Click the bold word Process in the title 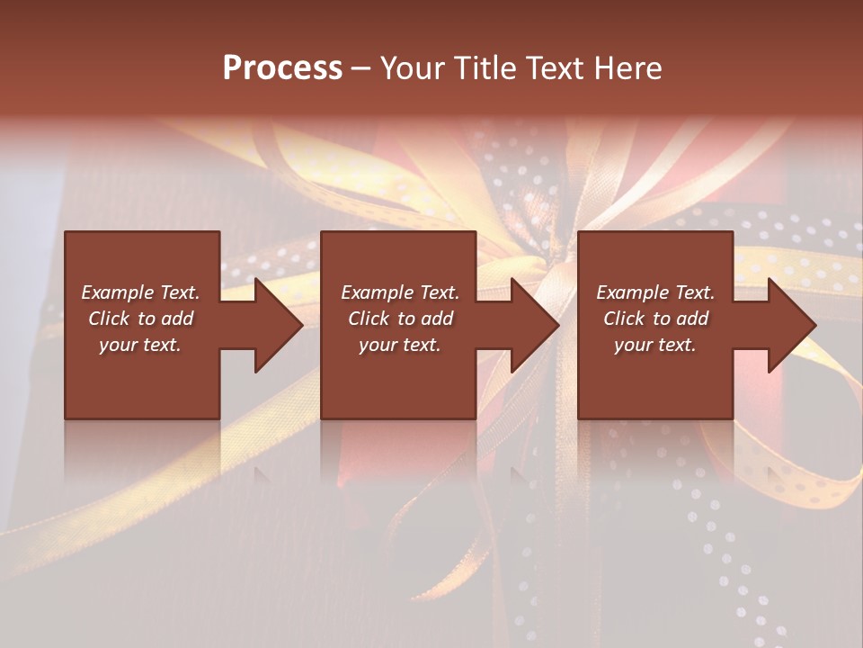282,68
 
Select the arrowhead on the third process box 790,325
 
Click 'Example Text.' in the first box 141,292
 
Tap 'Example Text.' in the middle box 400,292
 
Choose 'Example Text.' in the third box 655,292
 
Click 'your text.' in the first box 140,345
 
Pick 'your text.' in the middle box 399,345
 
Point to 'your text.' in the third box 654,345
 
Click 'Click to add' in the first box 141,319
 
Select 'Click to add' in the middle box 400,319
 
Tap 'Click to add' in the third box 655,319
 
